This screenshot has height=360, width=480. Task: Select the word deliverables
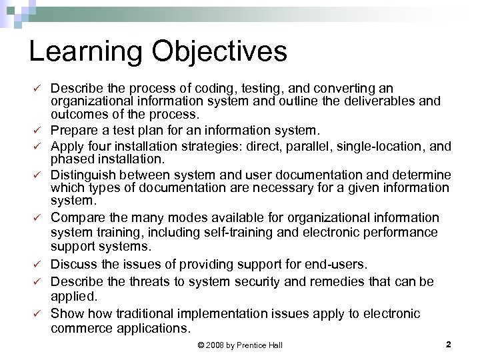coord(378,102)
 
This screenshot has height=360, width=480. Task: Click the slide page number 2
coord(448,344)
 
